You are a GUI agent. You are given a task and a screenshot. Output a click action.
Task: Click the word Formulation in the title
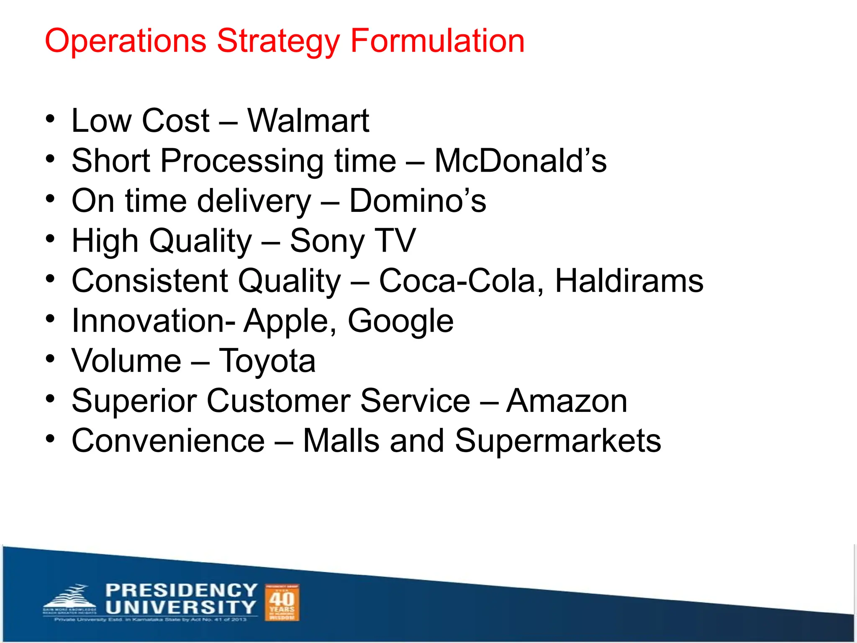click(437, 41)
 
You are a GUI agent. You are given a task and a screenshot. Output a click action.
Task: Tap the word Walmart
click(308, 121)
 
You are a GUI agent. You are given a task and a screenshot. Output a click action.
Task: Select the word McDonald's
click(520, 161)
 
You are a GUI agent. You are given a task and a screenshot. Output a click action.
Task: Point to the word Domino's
click(417, 201)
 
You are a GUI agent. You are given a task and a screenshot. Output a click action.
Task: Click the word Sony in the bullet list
click(327, 242)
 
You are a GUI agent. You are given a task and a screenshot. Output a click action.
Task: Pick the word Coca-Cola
click(457, 281)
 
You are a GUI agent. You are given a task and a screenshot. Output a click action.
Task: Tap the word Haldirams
click(629, 281)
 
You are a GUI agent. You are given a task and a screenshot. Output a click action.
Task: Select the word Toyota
click(267, 361)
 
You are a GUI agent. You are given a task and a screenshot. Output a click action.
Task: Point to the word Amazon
click(567, 401)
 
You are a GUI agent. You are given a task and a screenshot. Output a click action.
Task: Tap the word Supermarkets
click(558, 441)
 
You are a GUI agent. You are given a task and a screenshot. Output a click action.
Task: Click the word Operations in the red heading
click(126, 41)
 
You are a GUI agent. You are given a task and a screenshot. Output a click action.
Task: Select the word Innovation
click(153, 321)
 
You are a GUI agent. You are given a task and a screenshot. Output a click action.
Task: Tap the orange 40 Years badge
click(282, 602)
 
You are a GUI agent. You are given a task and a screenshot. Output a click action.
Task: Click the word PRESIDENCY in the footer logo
click(181, 590)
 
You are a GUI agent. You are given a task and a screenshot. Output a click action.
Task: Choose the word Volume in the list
click(126, 361)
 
